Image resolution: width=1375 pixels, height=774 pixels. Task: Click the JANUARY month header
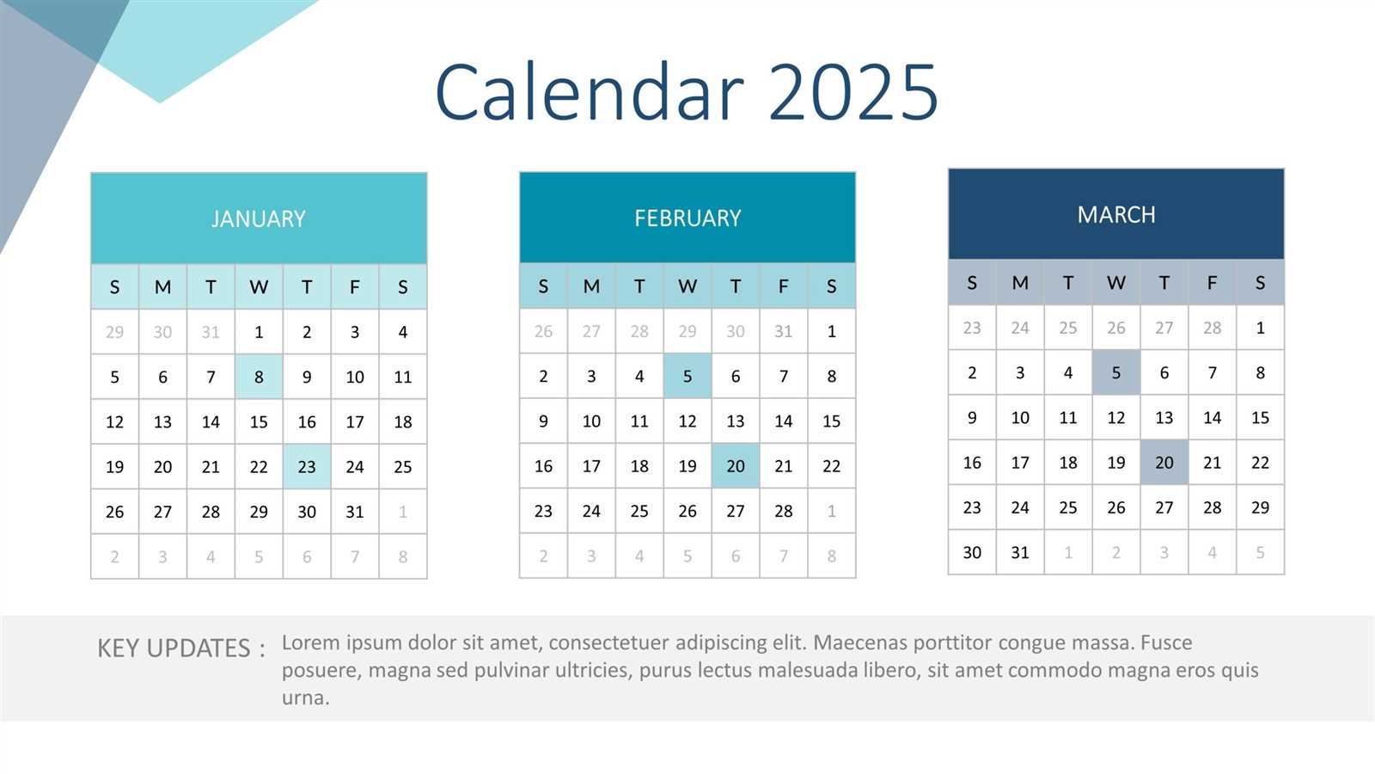tap(259, 218)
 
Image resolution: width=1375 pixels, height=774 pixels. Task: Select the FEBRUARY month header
tap(687, 218)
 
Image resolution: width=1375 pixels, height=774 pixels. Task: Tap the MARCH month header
tap(1116, 214)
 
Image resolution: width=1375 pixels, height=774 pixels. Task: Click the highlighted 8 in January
tap(259, 377)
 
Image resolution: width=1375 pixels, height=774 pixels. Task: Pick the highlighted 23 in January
tap(307, 467)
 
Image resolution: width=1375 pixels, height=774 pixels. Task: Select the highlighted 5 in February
tap(687, 376)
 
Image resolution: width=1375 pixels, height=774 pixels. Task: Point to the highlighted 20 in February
tap(736, 466)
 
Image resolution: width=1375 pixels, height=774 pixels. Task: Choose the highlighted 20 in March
tap(1164, 463)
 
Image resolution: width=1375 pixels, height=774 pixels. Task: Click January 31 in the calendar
tap(355, 512)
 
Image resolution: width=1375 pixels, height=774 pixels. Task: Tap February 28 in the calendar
tap(784, 511)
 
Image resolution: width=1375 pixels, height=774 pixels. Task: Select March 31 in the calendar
tap(1020, 552)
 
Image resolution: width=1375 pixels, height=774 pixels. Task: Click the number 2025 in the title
tap(852, 91)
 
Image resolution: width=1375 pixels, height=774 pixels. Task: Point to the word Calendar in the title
tap(590, 91)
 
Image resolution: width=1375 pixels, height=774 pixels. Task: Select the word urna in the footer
tap(304, 697)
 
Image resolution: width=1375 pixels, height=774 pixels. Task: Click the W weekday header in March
tap(1116, 283)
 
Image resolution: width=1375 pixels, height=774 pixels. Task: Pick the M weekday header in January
tap(162, 287)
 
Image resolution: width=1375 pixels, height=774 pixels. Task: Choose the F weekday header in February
tap(784, 286)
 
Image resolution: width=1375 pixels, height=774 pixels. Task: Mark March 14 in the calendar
tap(1213, 418)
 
